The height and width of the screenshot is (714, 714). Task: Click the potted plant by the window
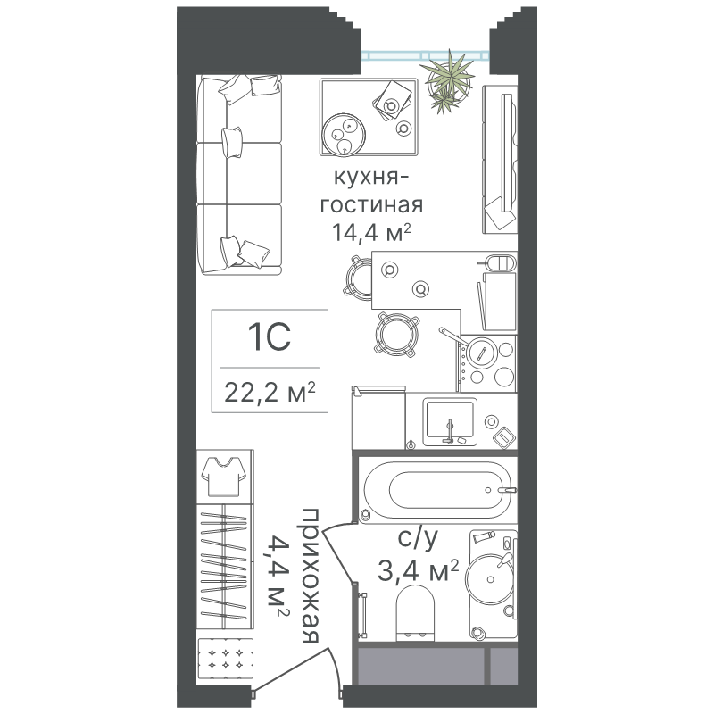point(447,82)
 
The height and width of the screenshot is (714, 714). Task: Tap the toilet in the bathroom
point(415,612)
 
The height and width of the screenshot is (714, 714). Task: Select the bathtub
point(437,490)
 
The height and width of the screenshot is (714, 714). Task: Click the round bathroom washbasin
point(489,578)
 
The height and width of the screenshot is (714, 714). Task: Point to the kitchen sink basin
point(450,421)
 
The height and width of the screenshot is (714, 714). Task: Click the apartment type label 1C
point(270,337)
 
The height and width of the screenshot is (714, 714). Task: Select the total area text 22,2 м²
point(270,392)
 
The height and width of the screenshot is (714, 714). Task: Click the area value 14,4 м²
point(371,232)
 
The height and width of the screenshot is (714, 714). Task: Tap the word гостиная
point(371,205)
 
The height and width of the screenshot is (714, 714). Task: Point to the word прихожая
point(310,576)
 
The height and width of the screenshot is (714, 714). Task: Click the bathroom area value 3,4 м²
point(418,571)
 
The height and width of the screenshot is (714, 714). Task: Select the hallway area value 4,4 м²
point(277,576)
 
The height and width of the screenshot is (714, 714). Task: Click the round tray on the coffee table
point(344,135)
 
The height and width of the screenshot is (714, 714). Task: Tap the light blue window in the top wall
point(425,56)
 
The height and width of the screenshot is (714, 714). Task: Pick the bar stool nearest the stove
point(396,334)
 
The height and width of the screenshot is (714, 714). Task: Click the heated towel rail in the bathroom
point(363,614)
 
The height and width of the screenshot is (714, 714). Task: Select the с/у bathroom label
point(418,539)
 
